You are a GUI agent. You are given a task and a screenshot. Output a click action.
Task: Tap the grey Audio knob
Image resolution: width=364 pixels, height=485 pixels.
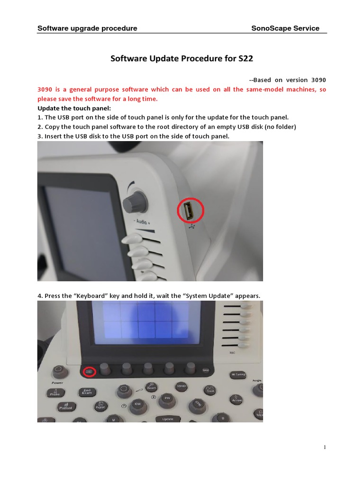tap(135, 204)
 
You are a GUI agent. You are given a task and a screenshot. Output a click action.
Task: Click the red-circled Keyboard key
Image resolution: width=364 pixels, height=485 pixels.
tap(89, 372)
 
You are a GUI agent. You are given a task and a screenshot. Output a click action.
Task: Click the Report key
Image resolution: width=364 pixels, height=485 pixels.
tap(100, 405)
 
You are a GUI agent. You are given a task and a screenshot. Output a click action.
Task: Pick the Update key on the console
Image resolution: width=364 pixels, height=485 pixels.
tap(168, 419)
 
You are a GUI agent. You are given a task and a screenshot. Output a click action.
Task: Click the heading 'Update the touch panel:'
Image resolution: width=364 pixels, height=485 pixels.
tap(74, 108)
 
